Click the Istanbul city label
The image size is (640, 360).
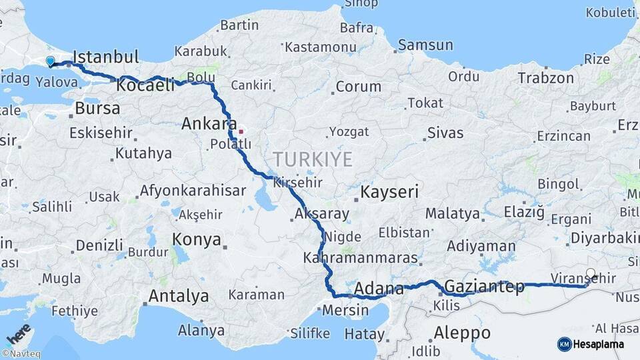click(105, 56)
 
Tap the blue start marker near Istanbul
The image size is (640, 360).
click(50, 61)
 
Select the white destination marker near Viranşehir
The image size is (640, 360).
click(591, 273)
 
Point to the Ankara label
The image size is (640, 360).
click(209, 123)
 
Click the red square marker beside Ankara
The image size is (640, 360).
click(241, 131)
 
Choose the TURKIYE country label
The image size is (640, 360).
click(311, 159)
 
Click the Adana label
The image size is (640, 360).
click(379, 289)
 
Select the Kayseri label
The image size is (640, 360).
click(389, 193)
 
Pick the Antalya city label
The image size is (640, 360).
click(178, 295)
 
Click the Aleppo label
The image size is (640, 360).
click(462, 332)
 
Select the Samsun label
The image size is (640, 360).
click(425, 45)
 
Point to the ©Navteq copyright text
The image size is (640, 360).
click(21, 354)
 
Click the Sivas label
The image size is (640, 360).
click(445, 133)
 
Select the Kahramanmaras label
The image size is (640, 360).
click(359, 257)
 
